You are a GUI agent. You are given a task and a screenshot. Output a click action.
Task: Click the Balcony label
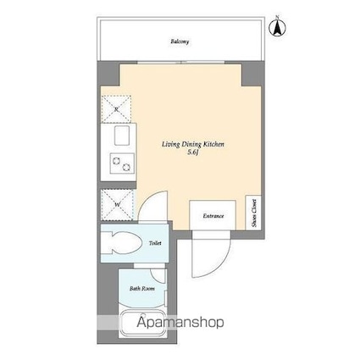tap(180, 42)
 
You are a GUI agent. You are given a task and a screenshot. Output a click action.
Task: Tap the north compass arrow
tap(277, 29)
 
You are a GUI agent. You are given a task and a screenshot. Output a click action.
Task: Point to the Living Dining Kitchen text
tap(193, 145)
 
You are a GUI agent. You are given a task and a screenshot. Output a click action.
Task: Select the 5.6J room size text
tap(193, 152)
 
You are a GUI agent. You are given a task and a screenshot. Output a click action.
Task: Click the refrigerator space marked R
tap(116, 109)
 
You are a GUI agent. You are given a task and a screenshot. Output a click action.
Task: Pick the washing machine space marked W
tap(117, 204)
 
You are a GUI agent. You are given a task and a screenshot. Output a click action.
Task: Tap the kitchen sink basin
tap(122, 136)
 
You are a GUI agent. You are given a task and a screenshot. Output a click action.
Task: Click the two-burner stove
tap(122, 163)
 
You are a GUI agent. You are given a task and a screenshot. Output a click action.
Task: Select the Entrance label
tap(213, 216)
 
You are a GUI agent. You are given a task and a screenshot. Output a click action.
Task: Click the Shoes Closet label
tap(254, 213)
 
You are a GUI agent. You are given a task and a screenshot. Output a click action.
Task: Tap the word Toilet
tap(155, 243)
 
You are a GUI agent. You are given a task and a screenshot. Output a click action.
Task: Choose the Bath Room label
tap(142, 289)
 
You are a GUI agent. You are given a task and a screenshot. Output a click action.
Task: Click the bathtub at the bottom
tap(143, 324)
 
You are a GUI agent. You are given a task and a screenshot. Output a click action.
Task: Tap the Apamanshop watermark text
tap(180, 323)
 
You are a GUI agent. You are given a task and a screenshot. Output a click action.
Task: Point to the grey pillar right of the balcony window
tap(252, 74)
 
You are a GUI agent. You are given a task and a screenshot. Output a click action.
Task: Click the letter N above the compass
tap(277, 17)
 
